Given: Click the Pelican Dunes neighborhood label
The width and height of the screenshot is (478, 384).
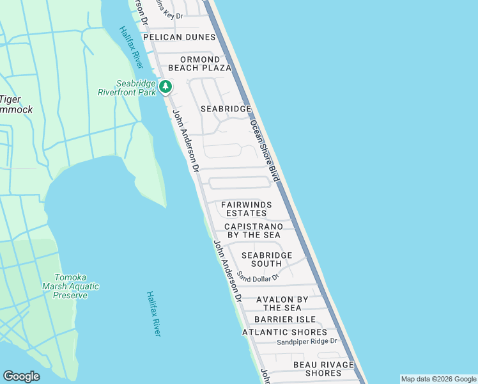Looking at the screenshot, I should tap(179, 37).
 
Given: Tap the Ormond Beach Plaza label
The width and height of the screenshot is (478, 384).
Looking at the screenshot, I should tap(199, 63).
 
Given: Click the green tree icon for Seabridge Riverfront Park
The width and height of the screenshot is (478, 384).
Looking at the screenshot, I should tap(166, 86).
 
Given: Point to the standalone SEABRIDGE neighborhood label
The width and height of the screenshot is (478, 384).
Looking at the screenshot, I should tap(226, 109).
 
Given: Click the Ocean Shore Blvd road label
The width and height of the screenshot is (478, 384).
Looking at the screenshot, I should tap(265, 150).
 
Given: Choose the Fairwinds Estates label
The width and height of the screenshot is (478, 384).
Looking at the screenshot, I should tap(246, 209).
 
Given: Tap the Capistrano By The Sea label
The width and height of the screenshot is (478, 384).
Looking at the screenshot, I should tap(252, 231).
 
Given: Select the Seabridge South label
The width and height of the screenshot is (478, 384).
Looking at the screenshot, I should tap(266, 259).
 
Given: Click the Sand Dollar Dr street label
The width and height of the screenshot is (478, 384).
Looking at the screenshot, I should tap(258, 276).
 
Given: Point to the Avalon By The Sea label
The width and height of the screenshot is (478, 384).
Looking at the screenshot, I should tap(282, 303).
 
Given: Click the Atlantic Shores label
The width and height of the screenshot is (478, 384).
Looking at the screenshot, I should tap(284, 332).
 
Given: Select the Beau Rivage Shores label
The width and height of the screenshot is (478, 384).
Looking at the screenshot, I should tap(318, 369).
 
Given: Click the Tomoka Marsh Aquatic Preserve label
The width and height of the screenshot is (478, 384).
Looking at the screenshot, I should tap(70, 286).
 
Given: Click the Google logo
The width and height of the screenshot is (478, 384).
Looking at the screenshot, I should tap(21, 376).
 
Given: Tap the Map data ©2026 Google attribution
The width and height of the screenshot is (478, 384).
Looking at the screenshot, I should tap(438, 379).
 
